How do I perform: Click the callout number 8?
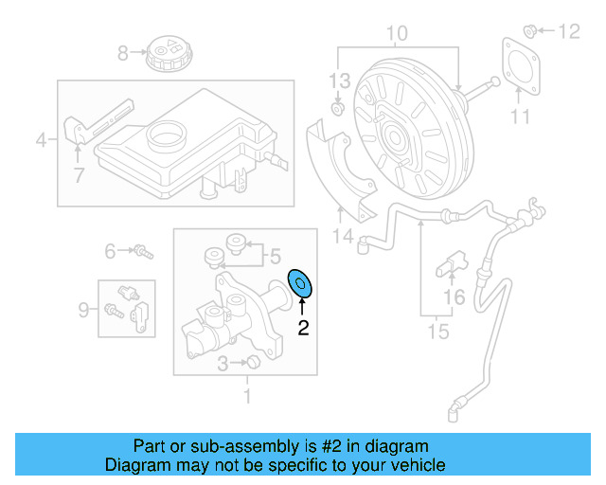122,53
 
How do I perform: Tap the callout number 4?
41,142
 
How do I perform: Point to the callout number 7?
79,174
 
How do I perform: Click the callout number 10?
397,34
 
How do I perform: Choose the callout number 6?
111,251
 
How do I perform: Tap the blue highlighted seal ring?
302,282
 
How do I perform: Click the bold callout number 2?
303,329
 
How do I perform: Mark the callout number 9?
84,308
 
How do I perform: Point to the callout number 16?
454,298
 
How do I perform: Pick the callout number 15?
437,332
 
